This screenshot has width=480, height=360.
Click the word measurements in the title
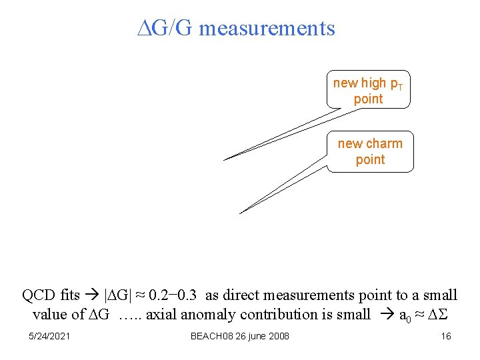click(x=267, y=28)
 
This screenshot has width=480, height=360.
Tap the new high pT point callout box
click(x=369, y=90)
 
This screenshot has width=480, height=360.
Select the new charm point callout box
click(x=370, y=151)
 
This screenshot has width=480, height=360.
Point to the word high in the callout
click(x=373, y=83)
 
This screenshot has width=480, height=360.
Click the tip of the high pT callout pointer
click(x=225, y=160)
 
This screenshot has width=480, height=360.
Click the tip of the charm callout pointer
click(x=240, y=213)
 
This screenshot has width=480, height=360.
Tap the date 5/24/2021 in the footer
click(x=50, y=336)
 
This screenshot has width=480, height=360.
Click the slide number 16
click(x=446, y=336)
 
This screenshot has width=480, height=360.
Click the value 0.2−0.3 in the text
click(x=172, y=295)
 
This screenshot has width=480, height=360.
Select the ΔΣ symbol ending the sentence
click(x=437, y=314)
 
